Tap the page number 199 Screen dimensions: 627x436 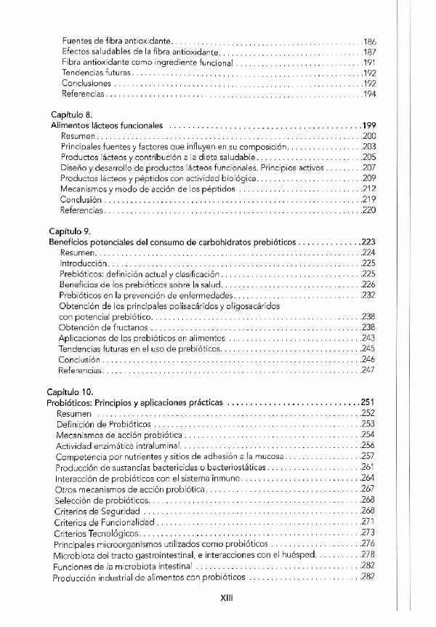(368, 125)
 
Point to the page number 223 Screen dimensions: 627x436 (368, 241)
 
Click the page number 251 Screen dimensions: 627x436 (368, 402)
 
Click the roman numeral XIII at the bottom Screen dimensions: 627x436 (226, 599)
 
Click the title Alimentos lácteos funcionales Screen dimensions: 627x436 (106, 125)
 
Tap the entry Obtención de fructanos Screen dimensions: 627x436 (99, 328)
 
